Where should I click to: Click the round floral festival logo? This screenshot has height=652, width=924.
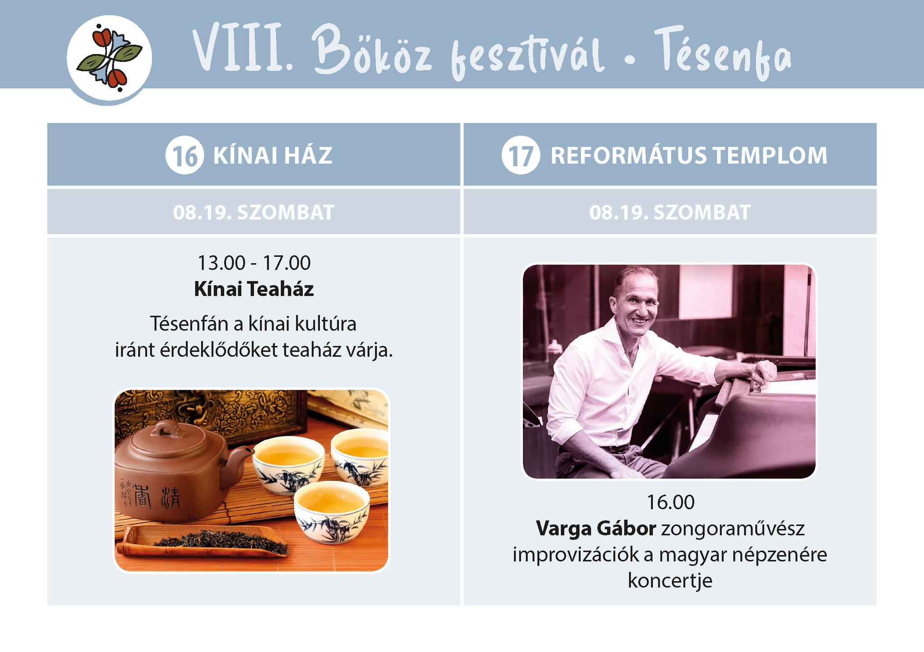point(109,58)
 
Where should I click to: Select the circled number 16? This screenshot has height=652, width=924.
point(185,155)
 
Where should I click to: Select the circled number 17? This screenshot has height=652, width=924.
point(521,155)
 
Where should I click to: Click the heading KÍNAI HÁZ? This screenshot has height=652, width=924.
point(273,155)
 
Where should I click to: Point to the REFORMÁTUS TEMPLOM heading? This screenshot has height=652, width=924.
point(689,155)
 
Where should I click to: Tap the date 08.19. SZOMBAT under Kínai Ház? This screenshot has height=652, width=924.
point(254,212)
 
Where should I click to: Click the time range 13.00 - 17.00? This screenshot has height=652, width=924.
point(254,263)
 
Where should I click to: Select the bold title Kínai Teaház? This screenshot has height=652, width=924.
point(254,289)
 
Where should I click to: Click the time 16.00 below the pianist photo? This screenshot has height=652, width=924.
point(670,502)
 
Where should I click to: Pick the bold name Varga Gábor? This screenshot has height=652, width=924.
point(596,528)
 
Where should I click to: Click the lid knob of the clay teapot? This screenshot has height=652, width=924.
point(163,427)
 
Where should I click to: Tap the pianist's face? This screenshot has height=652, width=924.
point(636,303)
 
